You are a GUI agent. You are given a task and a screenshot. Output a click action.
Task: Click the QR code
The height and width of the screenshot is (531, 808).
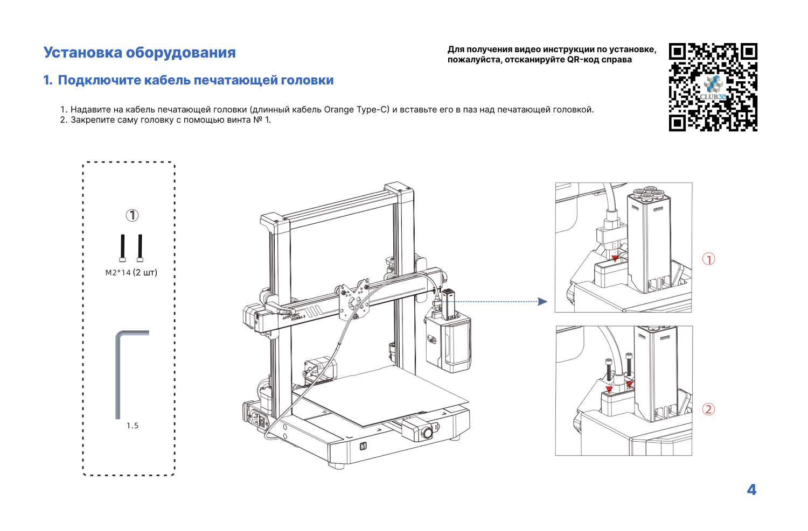(713, 87)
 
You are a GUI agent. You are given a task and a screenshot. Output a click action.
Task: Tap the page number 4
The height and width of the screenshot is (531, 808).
(751, 490)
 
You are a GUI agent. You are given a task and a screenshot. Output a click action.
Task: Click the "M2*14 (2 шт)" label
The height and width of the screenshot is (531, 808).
(131, 273)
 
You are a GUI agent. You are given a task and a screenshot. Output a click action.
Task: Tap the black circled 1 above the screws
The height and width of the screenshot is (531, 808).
(132, 216)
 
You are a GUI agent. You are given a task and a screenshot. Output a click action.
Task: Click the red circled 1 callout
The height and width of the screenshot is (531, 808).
(708, 259)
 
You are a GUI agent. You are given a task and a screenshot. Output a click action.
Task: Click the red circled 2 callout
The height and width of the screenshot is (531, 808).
(708, 409)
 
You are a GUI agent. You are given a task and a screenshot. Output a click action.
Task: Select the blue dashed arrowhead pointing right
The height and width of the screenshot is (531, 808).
(542, 302)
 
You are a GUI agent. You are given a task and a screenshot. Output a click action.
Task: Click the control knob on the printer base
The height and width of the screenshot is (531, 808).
(427, 432)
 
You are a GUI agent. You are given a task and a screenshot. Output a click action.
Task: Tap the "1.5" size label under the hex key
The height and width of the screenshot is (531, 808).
(133, 426)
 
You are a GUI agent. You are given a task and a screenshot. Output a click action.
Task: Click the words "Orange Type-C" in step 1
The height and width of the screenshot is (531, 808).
(356, 110)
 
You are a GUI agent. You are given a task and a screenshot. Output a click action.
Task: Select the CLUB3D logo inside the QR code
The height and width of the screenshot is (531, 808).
(713, 89)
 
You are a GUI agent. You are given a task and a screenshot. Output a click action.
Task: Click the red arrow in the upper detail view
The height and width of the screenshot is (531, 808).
(615, 258)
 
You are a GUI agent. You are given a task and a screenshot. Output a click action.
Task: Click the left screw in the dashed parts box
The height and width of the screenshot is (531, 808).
(123, 247)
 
